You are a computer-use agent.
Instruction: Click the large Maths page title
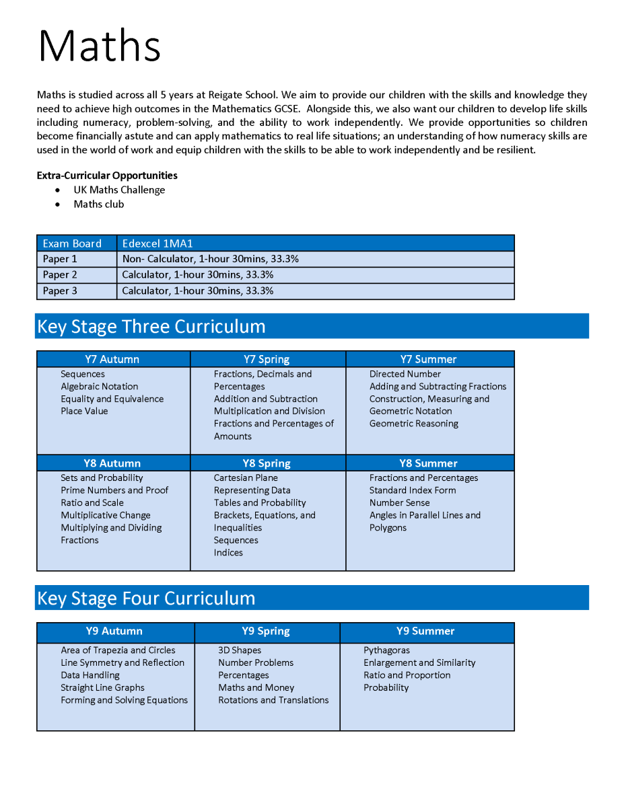click(100, 46)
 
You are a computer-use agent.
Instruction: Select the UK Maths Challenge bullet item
click(119, 190)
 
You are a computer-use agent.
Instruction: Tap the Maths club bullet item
click(99, 204)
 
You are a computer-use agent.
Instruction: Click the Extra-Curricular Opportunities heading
click(107, 176)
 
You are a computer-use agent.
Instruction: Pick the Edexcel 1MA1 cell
click(158, 243)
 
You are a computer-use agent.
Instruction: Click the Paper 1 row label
click(60, 259)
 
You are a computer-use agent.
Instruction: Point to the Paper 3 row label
click(60, 291)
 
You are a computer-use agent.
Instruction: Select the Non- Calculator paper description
click(211, 259)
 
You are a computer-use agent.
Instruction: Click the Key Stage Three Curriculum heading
click(151, 326)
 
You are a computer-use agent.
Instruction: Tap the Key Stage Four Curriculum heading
click(146, 599)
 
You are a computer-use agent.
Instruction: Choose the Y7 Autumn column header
click(112, 359)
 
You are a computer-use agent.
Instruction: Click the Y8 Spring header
click(267, 463)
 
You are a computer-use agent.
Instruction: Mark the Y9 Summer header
click(425, 631)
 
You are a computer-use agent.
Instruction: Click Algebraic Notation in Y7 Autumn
click(100, 387)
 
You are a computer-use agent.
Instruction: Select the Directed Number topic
click(405, 374)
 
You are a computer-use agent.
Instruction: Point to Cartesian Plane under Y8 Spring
click(246, 478)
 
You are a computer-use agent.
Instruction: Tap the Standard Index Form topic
click(413, 490)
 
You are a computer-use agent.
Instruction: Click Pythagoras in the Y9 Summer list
click(386, 650)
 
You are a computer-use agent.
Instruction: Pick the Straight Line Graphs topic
click(102, 687)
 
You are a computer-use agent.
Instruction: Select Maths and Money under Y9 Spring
click(256, 687)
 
